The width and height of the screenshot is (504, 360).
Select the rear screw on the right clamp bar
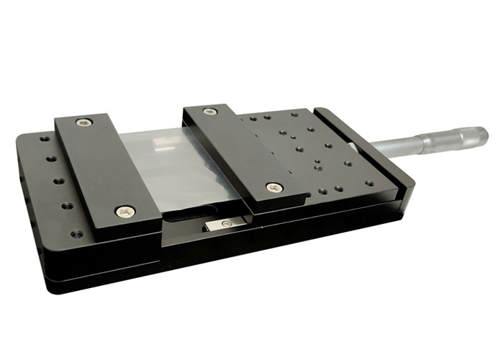tap(210, 112)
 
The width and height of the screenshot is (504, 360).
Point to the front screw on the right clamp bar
tap(274, 187)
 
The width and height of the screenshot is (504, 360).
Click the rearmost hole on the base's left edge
tap(45, 139)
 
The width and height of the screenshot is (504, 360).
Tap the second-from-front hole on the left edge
tap(67, 206)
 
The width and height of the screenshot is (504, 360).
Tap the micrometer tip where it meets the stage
tap(352, 147)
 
